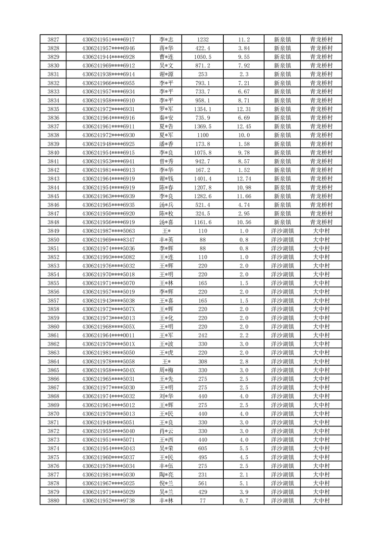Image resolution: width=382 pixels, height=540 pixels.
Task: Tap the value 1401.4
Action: [x=203, y=179]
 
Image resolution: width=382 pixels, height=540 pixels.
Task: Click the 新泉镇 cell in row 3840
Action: [x=282, y=153]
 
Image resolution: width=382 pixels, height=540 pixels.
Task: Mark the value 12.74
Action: [x=244, y=179]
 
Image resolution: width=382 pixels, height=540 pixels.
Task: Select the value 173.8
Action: [x=203, y=144]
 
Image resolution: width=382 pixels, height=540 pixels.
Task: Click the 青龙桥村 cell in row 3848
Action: [x=321, y=222]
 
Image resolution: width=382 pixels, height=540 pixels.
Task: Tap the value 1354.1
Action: [x=203, y=109]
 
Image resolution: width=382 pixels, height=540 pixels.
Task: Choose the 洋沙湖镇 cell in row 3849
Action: [x=282, y=231]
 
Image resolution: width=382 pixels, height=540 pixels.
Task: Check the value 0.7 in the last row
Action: [x=244, y=501]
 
